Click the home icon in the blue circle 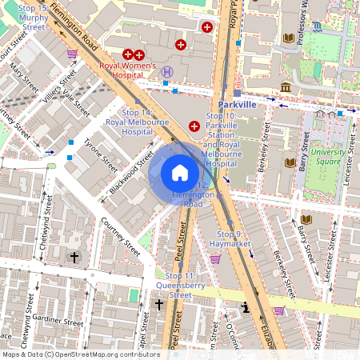click(x=179, y=173)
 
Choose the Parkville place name click(x=237, y=104)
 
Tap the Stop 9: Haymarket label click(x=230, y=238)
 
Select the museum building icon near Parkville click(x=286, y=86)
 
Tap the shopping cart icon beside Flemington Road click(x=72, y=54)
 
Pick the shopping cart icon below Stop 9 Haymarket click(x=215, y=258)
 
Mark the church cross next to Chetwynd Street click(x=74, y=257)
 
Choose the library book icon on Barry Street click(x=290, y=162)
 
